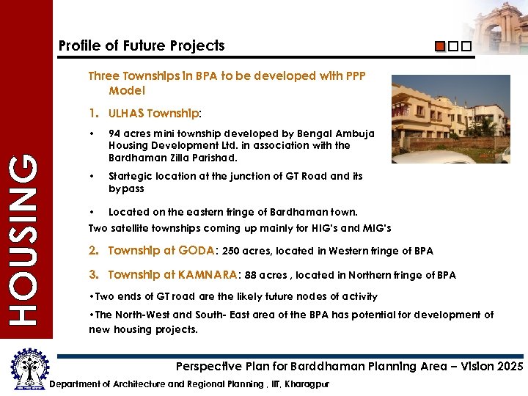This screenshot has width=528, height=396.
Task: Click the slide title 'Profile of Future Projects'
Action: [x=142, y=45]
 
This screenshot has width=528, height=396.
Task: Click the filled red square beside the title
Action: [x=439, y=47]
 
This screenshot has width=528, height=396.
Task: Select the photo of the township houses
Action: [x=450, y=118]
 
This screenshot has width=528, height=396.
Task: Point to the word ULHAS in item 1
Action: [x=126, y=114]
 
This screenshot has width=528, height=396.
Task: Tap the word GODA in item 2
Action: [x=197, y=251]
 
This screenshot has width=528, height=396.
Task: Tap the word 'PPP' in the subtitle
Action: [x=353, y=76]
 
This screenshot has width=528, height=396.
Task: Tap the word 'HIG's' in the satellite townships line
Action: [x=308, y=228]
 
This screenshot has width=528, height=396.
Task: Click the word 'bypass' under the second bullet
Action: [x=126, y=188]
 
